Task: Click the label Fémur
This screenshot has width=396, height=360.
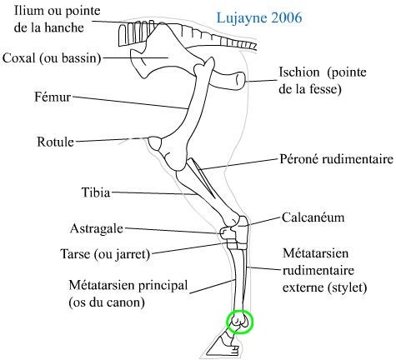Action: click(53, 97)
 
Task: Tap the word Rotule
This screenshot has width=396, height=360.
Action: click(56, 142)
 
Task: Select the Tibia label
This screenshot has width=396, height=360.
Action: click(96, 192)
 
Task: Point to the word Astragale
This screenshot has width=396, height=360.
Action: click(97, 229)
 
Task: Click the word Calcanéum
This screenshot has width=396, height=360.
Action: click(313, 217)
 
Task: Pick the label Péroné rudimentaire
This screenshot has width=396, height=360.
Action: click(337, 159)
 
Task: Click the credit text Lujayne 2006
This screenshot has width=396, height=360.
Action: click(259, 17)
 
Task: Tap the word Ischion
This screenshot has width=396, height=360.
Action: click(299, 72)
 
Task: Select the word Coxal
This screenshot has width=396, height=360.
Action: click(19, 58)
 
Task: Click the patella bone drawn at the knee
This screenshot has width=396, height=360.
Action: click(155, 143)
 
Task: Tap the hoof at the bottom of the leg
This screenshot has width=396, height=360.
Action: click(223, 347)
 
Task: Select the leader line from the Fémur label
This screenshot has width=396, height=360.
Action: click(130, 102)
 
